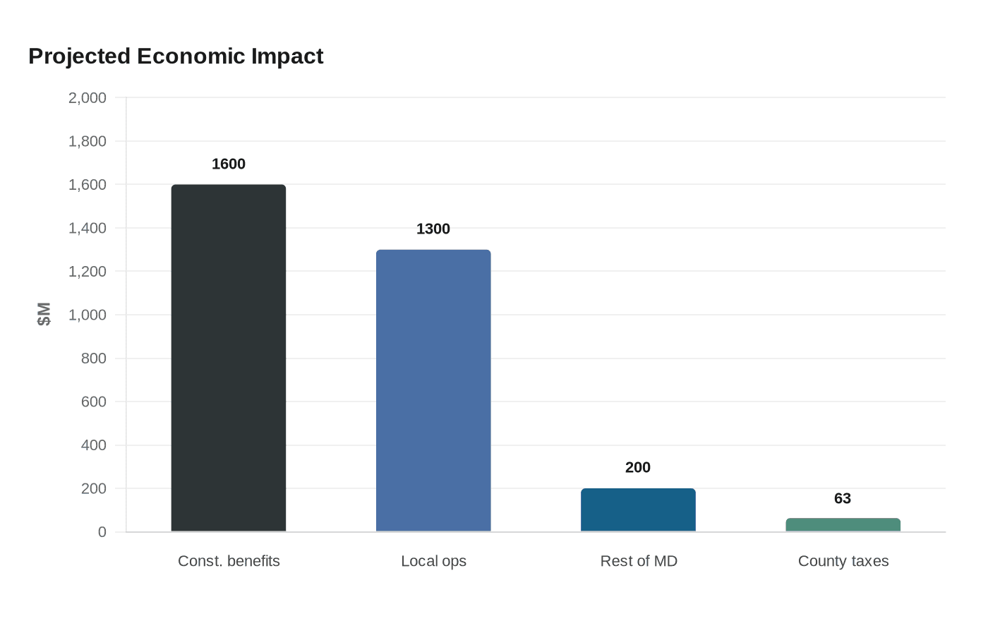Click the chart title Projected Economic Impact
(x=176, y=56)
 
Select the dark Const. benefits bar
(x=229, y=358)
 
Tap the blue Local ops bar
(x=433, y=390)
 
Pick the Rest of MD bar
(x=638, y=510)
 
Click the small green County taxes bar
(x=843, y=525)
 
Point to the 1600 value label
(x=229, y=164)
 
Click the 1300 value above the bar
(x=433, y=229)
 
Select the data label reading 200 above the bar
(x=638, y=467)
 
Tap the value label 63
(x=843, y=498)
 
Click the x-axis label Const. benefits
(x=229, y=561)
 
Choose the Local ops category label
(x=433, y=561)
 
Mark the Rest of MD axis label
(x=639, y=561)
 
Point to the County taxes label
(x=843, y=561)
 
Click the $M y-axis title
(x=44, y=314)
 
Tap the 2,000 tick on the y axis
(x=88, y=98)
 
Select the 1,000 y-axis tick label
(x=88, y=315)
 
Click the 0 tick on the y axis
(x=102, y=532)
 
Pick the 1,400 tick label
(x=88, y=228)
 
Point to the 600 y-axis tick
(x=94, y=402)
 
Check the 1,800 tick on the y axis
(x=88, y=141)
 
